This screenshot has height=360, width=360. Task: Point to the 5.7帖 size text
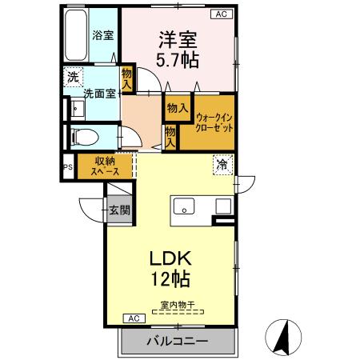pyautogui.click(x=178, y=58)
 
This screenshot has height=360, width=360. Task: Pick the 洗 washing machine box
pyautogui.click(x=73, y=78)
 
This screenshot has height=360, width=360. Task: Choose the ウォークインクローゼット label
pyautogui.click(x=214, y=121)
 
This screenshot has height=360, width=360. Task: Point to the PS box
pyautogui.click(x=67, y=168)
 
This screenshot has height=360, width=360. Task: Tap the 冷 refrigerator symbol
pyautogui.click(x=220, y=165)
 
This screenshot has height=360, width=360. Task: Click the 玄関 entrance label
pyautogui.click(x=120, y=210)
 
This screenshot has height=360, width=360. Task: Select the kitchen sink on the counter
pyautogui.click(x=185, y=207)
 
